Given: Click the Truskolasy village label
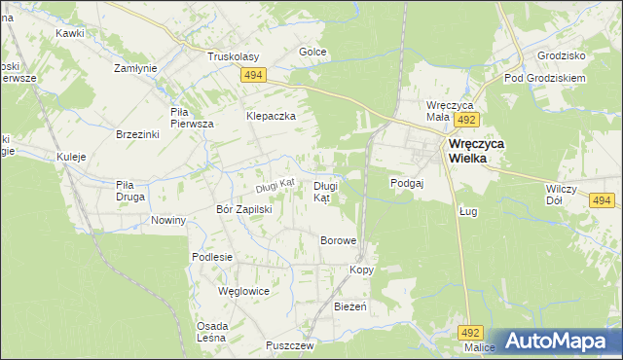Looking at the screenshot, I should (x=231, y=56).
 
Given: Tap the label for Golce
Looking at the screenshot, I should (x=312, y=52).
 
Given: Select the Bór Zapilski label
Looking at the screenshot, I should (x=243, y=209).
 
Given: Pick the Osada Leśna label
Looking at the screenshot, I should (x=212, y=332).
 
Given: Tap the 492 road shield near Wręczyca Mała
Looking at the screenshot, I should (x=466, y=120).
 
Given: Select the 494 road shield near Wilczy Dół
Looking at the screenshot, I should (x=602, y=200).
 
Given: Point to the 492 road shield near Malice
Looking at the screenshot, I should (x=472, y=332).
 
